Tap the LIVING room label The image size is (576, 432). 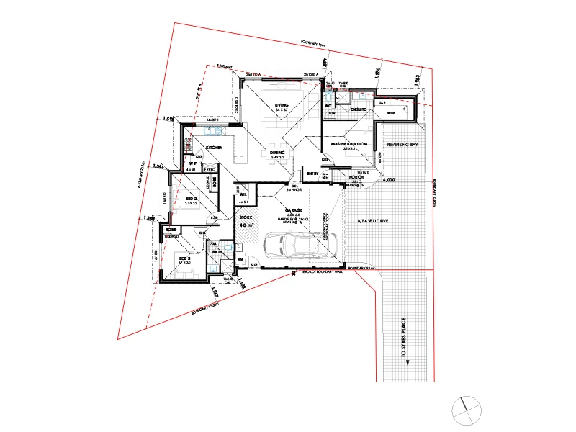click(281, 106)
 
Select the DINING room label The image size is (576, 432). click(277, 153)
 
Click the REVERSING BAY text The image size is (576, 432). click(402, 145)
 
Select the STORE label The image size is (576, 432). click(246, 215)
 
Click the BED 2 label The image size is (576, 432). click(191, 199)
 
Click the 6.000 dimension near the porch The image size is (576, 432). click(391, 181)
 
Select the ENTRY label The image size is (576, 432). click(312, 174)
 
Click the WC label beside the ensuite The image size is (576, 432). click(327, 106)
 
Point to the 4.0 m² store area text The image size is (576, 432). click(246, 225)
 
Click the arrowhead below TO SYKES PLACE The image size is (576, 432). click(408, 362)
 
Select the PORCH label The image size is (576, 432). click(356, 176)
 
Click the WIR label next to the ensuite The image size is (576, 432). click(391, 113)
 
